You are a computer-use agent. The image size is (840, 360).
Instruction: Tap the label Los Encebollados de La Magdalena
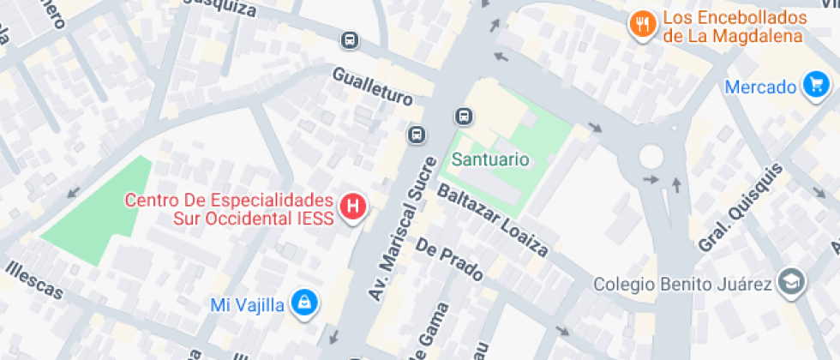(x=735, y=27)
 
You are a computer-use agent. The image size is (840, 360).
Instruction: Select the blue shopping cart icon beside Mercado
(x=813, y=85)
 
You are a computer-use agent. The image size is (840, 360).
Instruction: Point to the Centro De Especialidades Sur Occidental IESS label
(x=229, y=209)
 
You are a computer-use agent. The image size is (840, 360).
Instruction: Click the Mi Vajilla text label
(x=247, y=305)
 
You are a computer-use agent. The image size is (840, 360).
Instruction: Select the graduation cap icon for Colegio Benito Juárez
(x=789, y=282)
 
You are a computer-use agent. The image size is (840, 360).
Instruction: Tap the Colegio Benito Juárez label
(x=684, y=284)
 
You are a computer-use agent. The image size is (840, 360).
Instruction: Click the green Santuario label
(x=490, y=159)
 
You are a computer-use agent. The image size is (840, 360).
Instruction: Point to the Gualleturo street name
(x=373, y=87)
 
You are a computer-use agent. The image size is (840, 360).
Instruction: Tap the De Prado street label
(x=450, y=260)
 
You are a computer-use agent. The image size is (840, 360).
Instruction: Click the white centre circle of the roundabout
(x=651, y=156)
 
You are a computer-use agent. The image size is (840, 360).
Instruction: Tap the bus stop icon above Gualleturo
(x=350, y=40)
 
